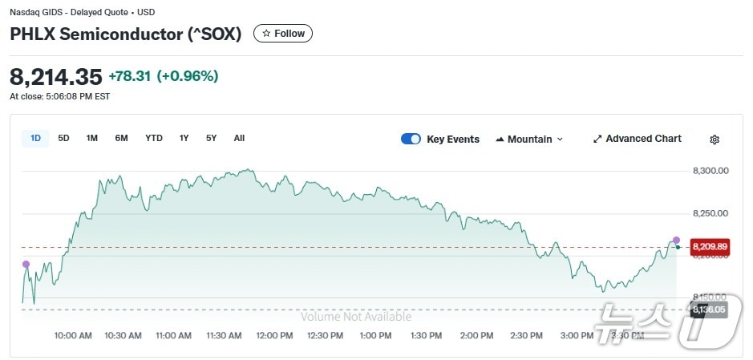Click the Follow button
tap(283, 34)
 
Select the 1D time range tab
tap(35, 138)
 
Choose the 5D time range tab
tap(63, 138)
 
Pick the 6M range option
tap(121, 138)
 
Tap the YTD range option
tap(154, 138)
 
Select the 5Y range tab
tap(211, 138)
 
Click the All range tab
tap(239, 138)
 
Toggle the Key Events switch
tap(411, 139)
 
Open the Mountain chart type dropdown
tap(529, 139)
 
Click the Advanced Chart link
tap(638, 139)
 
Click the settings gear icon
tap(715, 140)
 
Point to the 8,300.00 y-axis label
tap(710, 171)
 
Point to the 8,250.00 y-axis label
tap(710, 213)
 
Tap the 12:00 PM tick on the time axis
tap(274, 336)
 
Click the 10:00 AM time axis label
tap(73, 336)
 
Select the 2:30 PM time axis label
tap(527, 336)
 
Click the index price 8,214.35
tap(56, 77)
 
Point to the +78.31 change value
tap(130, 77)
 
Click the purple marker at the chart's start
tap(26, 264)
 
